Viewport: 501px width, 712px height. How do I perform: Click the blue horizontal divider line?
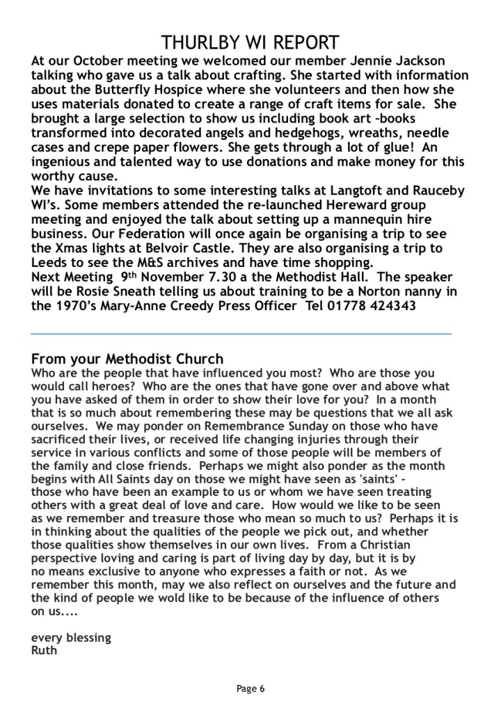241,333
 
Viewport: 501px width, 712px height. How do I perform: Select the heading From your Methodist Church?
127,359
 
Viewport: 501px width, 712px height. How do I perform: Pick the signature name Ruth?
45,651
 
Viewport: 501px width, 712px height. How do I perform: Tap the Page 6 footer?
250,689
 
